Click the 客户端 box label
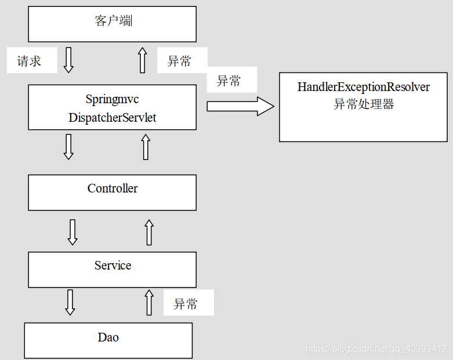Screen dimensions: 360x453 coord(112,22)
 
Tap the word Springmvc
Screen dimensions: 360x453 coord(112,99)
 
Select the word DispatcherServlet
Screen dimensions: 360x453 coord(112,118)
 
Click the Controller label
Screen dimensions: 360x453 coord(113,188)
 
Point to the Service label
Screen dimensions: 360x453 coord(113,266)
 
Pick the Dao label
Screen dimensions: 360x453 coord(108,337)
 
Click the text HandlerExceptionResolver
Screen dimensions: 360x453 coord(364,87)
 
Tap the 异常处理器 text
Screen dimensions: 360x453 coord(364,104)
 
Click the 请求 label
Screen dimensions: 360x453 coord(29,61)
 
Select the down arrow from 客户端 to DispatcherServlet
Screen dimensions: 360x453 coord(68,60)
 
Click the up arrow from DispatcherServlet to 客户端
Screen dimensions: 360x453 coord(143,60)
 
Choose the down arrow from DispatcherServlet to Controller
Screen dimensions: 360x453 coord(68,147)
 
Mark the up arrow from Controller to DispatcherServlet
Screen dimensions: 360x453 coord(146,147)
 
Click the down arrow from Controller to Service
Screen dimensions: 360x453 coord(73,232)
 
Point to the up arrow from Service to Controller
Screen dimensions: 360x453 coord(149,232)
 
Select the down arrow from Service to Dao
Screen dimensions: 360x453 coord(70,302)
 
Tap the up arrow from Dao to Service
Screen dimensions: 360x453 coord(148,302)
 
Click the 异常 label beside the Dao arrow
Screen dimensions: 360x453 coord(186,304)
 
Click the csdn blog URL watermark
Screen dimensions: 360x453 coord(376,349)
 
